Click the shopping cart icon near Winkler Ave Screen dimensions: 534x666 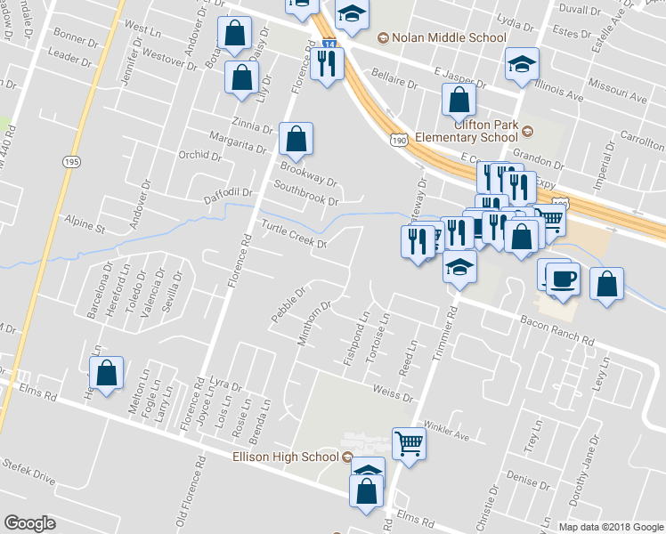coord(409,442)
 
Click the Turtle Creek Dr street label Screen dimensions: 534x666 coord(295,234)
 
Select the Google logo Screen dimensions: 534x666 coord(29,522)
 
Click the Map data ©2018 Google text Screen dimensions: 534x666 coord(610,527)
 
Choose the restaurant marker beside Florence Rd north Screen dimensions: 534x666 coord(327,63)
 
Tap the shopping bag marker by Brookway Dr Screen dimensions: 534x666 coord(296,139)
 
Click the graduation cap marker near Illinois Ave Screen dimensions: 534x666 coord(522,64)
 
